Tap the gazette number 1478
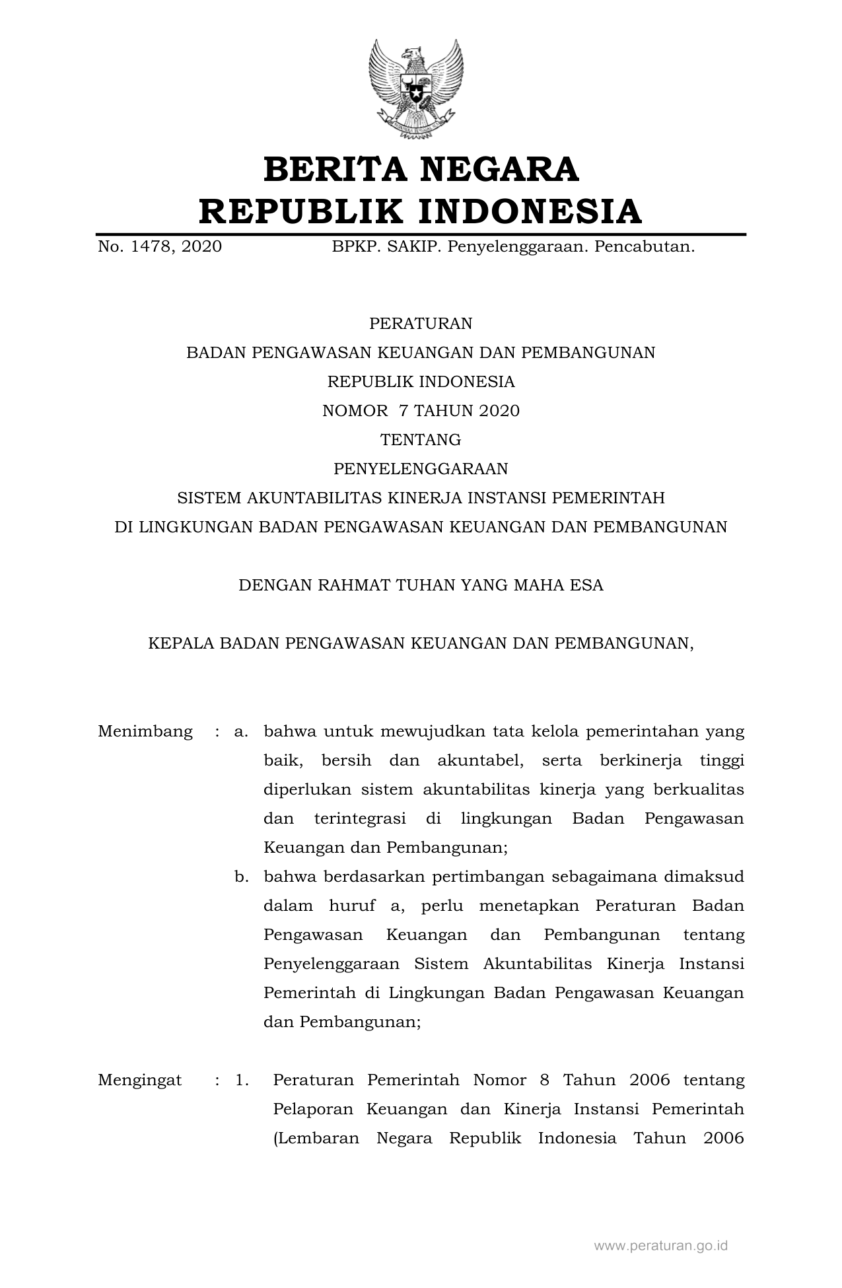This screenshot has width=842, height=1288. (151, 247)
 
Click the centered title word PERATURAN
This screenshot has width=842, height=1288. (421, 324)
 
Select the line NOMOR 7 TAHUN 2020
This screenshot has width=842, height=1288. (421, 411)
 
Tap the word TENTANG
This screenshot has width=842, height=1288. (421, 440)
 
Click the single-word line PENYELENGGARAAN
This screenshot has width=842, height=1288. (421, 469)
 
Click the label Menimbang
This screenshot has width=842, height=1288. (145, 732)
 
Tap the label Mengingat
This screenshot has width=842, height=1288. (139, 1081)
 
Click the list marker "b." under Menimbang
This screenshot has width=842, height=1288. (241, 877)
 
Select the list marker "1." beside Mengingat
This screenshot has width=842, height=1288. (242, 1081)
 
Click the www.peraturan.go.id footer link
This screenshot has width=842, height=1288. (660, 1246)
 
